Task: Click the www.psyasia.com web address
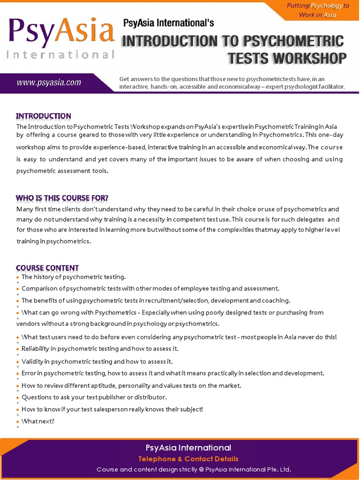click(x=49, y=83)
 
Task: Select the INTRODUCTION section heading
click(x=44, y=116)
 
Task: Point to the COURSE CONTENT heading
click(x=47, y=268)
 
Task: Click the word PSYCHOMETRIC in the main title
click(x=291, y=41)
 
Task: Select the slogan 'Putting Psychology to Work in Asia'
click(x=317, y=10)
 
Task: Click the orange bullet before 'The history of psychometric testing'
click(x=18, y=277)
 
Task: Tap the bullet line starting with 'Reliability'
click(x=100, y=349)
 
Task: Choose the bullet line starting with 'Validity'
click(x=97, y=361)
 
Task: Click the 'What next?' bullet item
click(x=38, y=421)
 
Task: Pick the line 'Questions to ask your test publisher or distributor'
click(x=94, y=397)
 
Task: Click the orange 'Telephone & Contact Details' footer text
click(x=188, y=459)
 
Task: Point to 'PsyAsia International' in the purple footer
click(x=188, y=448)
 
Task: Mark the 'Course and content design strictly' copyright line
click(x=194, y=469)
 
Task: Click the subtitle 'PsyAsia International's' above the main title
click(x=168, y=22)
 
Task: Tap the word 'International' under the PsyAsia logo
click(x=61, y=55)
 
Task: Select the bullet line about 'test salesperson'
click(x=112, y=409)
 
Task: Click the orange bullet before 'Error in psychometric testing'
click(x=18, y=374)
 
